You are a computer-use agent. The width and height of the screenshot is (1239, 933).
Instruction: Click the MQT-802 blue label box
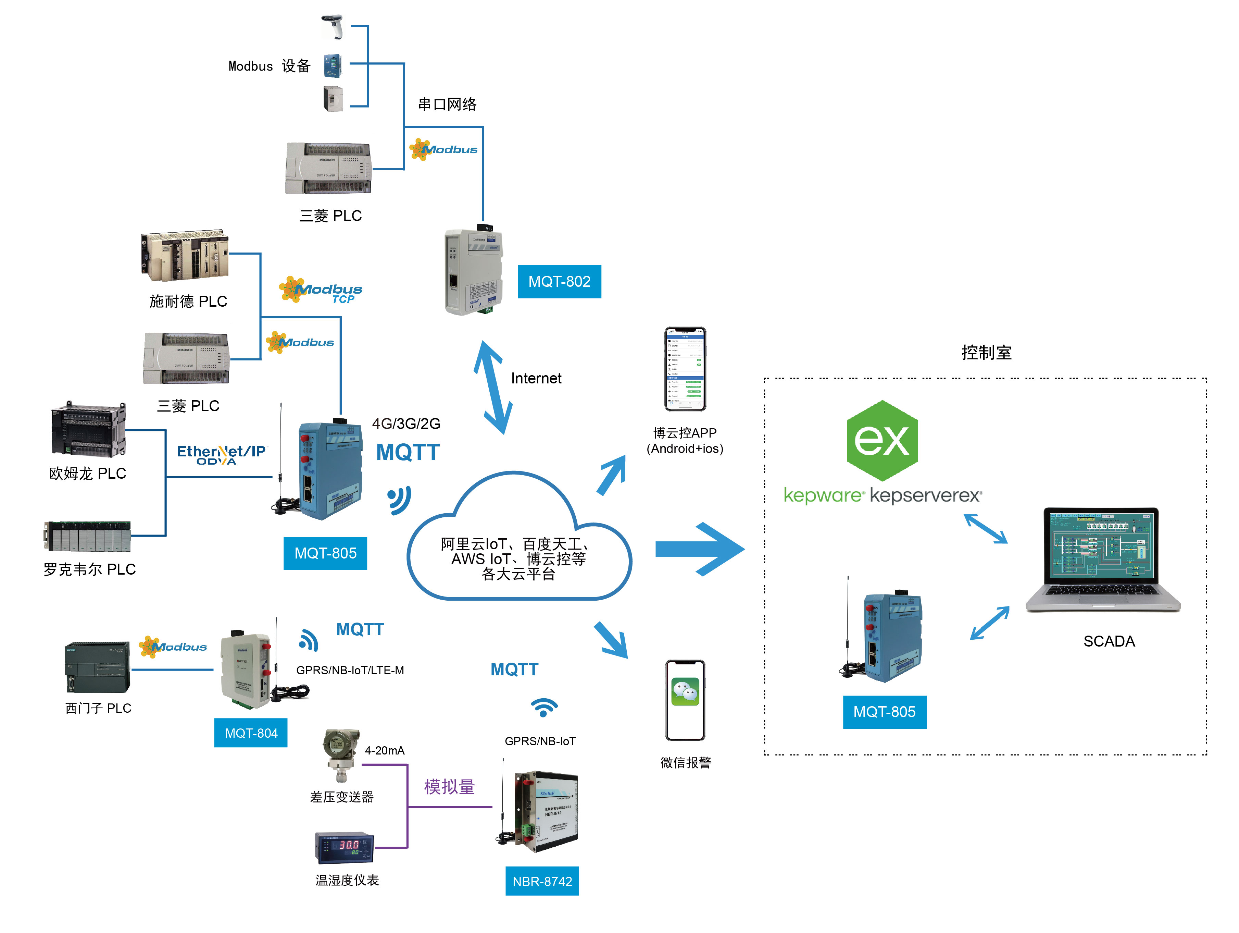pyautogui.click(x=559, y=281)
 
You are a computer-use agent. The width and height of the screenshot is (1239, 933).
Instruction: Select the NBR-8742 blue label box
pyautogui.click(x=542, y=881)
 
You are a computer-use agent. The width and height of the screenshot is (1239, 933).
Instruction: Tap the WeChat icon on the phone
pyautogui.click(x=685, y=692)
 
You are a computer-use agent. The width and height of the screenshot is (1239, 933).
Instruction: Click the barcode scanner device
pyautogui.click(x=333, y=27)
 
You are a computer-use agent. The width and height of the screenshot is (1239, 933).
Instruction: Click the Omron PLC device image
pyautogui.click(x=88, y=429)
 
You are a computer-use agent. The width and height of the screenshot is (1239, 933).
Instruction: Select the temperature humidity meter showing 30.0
pyautogui.click(x=344, y=847)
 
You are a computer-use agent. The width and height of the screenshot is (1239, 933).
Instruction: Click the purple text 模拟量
pyautogui.click(x=449, y=787)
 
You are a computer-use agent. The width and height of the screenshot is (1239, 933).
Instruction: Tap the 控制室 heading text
pyautogui.click(x=986, y=353)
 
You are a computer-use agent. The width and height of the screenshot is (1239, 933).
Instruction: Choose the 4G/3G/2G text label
pyautogui.click(x=406, y=423)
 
